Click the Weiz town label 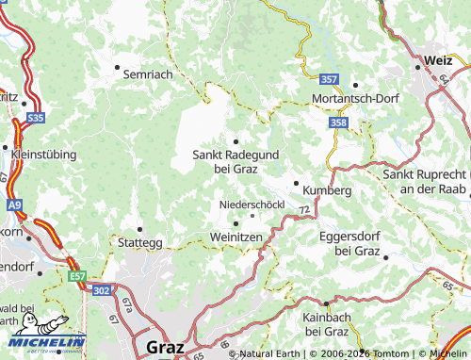click(x=438, y=59)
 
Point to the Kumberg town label click(x=327, y=189)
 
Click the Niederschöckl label click(x=252, y=205)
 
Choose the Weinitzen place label click(x=235, y=237)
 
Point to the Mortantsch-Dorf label click(x=356, y=98)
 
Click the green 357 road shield click(x=329, y=79)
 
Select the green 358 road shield click(x=339, y=123)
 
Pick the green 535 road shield click(x=36, y=118)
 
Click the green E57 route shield click(x=76, y=276)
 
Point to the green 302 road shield click(x=102, y=292)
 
